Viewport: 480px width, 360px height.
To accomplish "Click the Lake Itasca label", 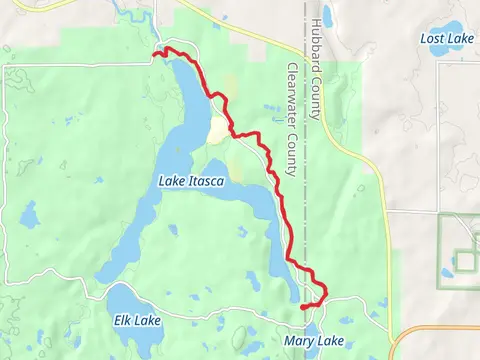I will (x=191, y=180).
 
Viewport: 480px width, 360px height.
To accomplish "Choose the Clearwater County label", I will (x=292, y=120).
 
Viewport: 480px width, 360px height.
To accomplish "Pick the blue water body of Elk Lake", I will (x=125, y=300).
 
